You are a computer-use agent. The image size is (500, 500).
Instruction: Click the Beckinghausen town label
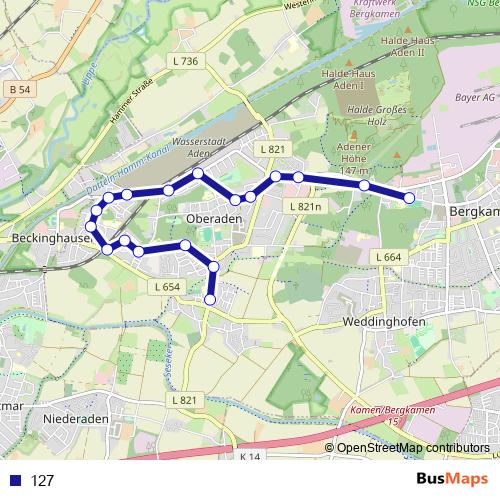tap(44, 240)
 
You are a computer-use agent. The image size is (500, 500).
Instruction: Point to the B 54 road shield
tap(19, 91)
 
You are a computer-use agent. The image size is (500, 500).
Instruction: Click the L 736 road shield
tap(185, 62)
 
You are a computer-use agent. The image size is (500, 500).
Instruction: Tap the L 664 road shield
tap(390, 258)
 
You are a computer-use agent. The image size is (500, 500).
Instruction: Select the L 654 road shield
tap(167, 287)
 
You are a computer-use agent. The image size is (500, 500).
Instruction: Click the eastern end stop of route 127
tap(409, 198)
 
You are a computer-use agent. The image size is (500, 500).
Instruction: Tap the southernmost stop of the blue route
tap(210, 299)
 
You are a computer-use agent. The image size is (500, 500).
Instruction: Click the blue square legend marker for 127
tap(12, 480)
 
